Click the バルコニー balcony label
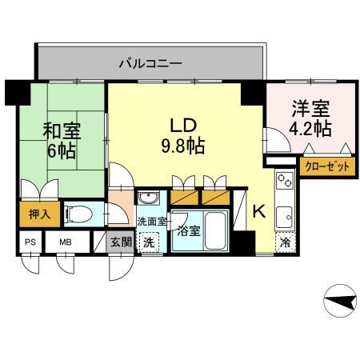pyautogui.click(x=150, y=62)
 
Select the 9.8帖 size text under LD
pyautogui.click(x=183, y=146)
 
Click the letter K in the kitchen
pyautogui.click(x=258, y=211)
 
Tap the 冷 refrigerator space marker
pyautogui.click(x=286, y=241)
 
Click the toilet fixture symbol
pyautogui.click(x=76, y=214)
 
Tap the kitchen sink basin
pyautogui.click(x=286, y=214)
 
